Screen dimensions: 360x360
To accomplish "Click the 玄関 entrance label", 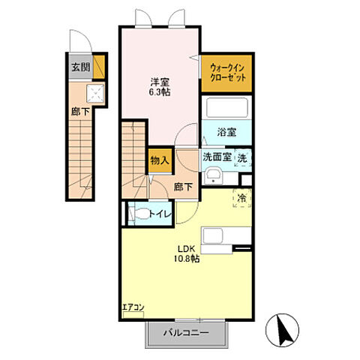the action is [x=81, y=67].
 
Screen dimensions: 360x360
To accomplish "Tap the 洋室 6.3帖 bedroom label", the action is [x=160, y=87].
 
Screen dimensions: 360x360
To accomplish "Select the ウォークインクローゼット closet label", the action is [x=228, y=73].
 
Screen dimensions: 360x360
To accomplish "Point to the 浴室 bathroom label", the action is [x=226, y=132].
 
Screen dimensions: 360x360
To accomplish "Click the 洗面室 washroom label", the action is [x=217, y=157].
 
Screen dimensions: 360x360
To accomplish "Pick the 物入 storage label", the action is [x=160, y=160].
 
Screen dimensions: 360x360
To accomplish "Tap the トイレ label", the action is [x=160, y=214].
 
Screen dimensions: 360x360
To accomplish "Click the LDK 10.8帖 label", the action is [x=187, y=253].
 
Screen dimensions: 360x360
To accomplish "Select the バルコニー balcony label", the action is [x=186, y=333].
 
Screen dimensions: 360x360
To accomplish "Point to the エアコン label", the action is [x=133, y=307].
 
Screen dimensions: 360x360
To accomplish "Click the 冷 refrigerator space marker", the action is [x=241, y=198].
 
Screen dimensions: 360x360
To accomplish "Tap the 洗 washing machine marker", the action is [x=242, y=158].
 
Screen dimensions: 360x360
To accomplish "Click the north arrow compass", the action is [x=282, y=330].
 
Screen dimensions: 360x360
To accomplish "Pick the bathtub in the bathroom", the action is [x=227, y=107].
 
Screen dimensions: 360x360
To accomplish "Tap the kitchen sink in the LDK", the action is [x=212, y=235].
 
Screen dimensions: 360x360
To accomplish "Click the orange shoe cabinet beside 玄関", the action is [x=99, y=67].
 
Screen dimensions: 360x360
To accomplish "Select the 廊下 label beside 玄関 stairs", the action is [x=80, y=112].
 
